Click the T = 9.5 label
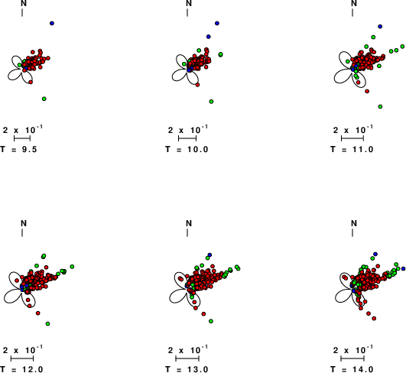click(x=18, y=149)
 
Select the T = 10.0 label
click(x=187, y=149)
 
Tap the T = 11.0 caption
click(x=352, y=149)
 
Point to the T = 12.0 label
click(x=21, y=369)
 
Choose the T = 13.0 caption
click(x=187, y=369)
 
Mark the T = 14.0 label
click(x=352, y=369)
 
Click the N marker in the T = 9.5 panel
click(x=24, y=3)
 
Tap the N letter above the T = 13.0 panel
click(x=189, y=223)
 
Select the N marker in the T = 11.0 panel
click(x=354, y=3)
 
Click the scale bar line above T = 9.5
click(x=22, y=138)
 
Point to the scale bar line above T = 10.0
click(x=187, y=138)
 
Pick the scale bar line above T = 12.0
click(x=22, y=358)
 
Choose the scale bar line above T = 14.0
click(x=352, y=358)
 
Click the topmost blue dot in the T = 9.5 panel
click(x=52, y=23)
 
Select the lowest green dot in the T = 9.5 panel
click(x=44, y=99)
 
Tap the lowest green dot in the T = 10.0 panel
click(x=211, y=102)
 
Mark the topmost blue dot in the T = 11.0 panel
click(x=380, y=27)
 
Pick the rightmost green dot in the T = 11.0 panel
click(x=402, y=47)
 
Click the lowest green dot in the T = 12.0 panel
click(x=47, y=323)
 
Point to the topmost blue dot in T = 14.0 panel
click(x=375, y=254)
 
